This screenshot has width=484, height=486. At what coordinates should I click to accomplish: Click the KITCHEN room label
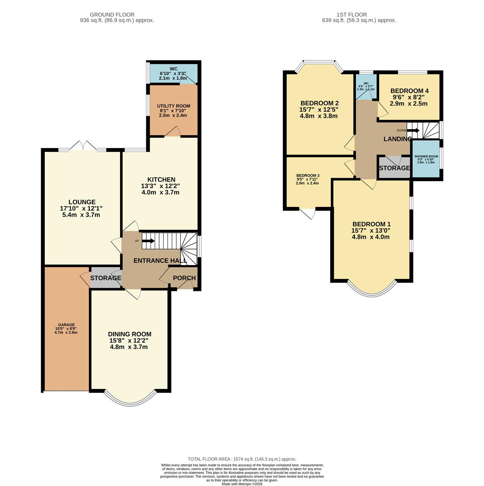coord(161,180)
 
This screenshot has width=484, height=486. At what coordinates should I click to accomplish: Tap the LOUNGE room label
coord(82,202)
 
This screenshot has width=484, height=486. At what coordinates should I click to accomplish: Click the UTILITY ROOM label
coord(174,106)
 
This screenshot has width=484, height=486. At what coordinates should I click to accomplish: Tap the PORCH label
coord(184,278)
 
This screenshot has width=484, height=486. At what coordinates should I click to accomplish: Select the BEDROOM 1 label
coord(371,224)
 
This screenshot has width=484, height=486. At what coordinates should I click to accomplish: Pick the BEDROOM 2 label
coord(319,103)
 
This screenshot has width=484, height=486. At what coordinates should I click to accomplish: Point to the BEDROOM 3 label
coord(308,175)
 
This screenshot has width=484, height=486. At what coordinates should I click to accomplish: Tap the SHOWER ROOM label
coord(426,156)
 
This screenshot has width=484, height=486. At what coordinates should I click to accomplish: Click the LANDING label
coord(397,139)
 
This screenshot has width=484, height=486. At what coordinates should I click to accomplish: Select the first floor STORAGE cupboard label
coord(394,168)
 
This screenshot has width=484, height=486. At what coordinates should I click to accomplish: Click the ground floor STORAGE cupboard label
coord(105,278)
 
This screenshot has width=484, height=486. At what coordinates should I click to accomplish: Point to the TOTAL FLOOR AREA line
coord(242,459)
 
